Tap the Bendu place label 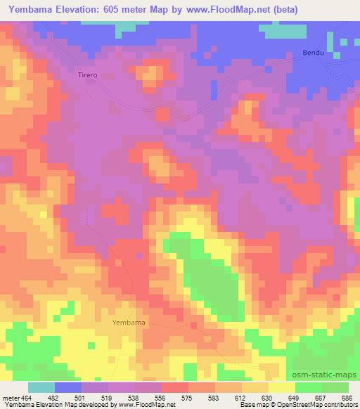312,53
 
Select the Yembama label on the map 129,322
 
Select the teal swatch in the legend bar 41,387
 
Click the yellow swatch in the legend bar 282,387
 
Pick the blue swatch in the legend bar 68,387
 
